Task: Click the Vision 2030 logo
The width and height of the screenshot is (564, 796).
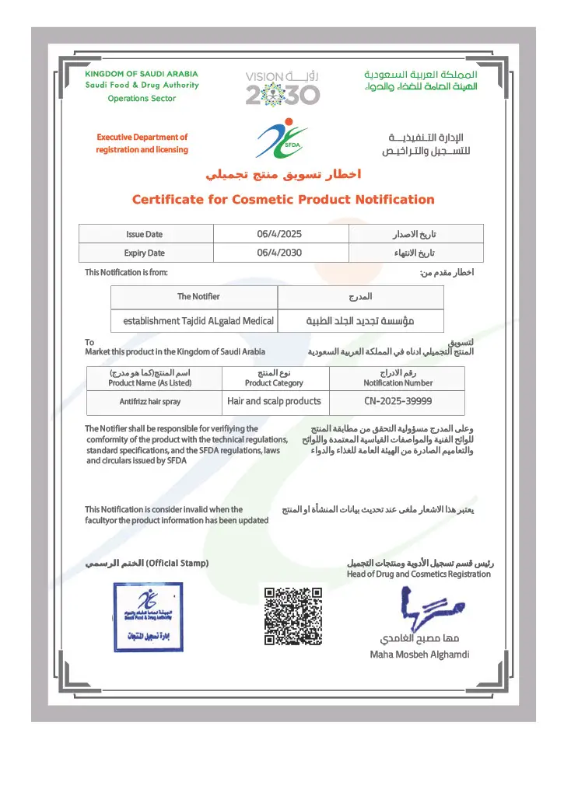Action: (x=282, y=86)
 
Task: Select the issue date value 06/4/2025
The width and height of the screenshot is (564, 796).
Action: (x=279, y=234)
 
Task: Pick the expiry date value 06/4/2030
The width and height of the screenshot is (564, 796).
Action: (x=279, y=253)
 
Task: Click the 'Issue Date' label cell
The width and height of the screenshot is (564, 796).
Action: (x=145, y=234)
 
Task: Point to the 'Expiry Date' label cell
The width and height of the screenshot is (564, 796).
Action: (x=145, y=253)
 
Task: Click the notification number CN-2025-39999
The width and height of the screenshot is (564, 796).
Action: (x=398, y=402)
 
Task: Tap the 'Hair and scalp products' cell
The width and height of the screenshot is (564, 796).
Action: (x=274, y=402)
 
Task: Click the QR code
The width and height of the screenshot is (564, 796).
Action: (x=293, y=616)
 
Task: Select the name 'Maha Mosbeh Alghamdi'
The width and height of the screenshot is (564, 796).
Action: (x=419, y=655)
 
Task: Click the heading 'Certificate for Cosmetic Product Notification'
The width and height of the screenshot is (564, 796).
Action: (x=283, y=200)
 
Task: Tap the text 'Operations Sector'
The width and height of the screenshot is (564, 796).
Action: (x=142, y=99)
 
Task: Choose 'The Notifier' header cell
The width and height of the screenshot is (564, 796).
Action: (x=198, y=296)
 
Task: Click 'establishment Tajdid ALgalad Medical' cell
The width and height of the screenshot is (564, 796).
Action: (x=198, y=320)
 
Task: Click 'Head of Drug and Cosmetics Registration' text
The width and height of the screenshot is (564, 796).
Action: (x=419, y=574)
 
